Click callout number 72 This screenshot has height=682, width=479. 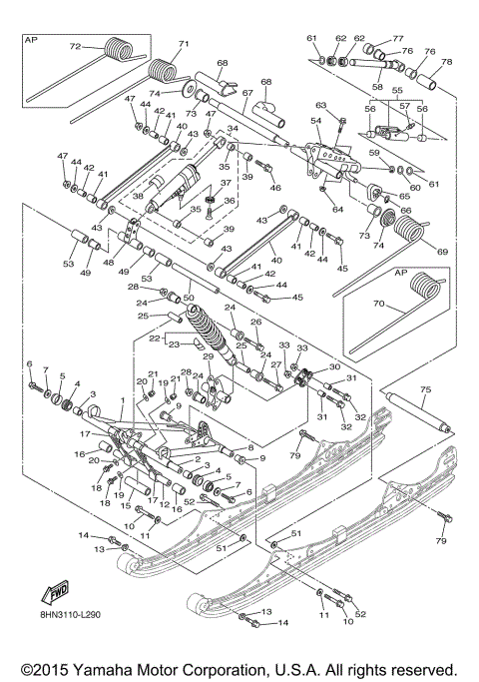(x=74, y=47)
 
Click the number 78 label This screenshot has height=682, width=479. (x=445, y=62)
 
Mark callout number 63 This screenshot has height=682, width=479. (x=321, y=104)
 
